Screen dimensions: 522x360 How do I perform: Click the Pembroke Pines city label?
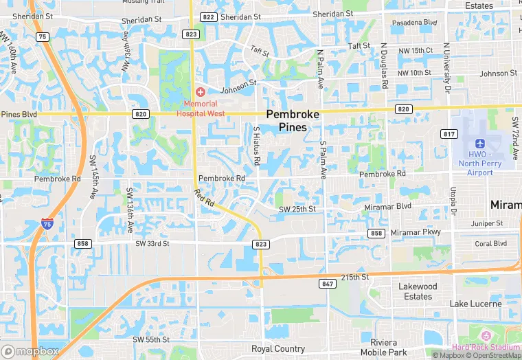(x=293, y=121)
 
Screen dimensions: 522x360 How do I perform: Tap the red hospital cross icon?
(x=201, y=92)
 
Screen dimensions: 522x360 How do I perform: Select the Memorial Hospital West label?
(x=201, y=108)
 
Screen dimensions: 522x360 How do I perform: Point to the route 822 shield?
(x=209, y=17)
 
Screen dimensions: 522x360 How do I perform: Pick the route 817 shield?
(x=449, y=134)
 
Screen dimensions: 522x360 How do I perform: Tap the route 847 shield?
(x=326, y=283)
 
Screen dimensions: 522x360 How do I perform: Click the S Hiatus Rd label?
(x=257, y=145)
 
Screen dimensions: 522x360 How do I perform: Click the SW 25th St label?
(x=297, y=209)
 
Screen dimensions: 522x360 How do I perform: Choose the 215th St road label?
(x=355, y=276)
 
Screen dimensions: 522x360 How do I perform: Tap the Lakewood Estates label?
(x=418, y=291)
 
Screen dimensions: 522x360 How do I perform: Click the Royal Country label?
(x=278, y=349)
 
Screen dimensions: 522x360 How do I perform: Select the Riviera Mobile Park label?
(x=384, y=348)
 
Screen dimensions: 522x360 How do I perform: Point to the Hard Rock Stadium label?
(x=485, y=348)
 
